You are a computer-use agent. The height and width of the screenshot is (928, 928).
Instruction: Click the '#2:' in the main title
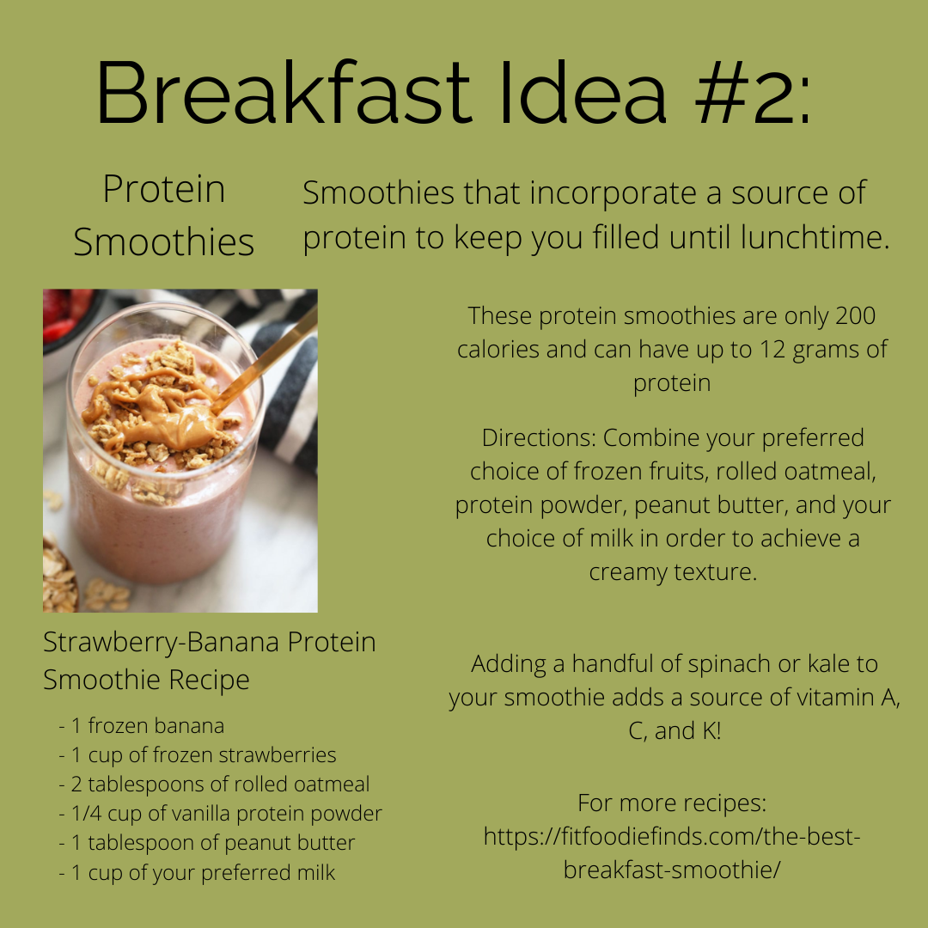(753, 92)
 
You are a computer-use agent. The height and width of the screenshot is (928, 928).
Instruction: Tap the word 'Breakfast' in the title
(284, 92)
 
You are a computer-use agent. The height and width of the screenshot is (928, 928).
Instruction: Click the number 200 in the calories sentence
(855, 315)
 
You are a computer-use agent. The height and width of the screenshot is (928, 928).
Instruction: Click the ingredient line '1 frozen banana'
(142, 725)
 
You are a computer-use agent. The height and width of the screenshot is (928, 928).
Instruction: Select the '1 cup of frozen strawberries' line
(198, 754)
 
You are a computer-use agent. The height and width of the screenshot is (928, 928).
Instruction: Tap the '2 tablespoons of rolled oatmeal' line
(214, 784)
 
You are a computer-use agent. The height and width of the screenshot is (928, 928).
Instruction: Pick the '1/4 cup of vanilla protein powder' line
(221, 813)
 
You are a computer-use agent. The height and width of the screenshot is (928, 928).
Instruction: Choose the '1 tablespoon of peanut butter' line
(207, 842)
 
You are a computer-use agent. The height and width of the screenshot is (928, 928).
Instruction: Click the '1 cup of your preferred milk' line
(197, 872)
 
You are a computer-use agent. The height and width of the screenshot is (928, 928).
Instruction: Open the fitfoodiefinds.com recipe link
(672, 853)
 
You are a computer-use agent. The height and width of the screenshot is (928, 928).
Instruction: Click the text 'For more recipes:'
(672, 803)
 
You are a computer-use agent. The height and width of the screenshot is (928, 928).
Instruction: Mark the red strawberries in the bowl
(66, 314)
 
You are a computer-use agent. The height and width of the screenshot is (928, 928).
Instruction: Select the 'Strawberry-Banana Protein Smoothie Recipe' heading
(210, 661)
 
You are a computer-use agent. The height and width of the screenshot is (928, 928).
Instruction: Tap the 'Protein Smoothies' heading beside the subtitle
(164, 216)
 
